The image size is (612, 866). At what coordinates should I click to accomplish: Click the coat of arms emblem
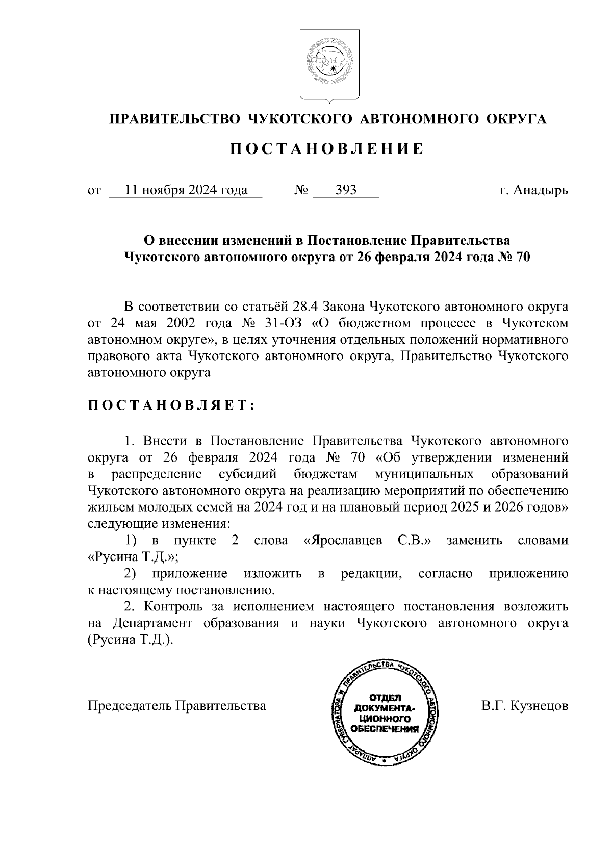tap(329, 64)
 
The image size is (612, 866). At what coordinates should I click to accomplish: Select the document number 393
tap(346, 191)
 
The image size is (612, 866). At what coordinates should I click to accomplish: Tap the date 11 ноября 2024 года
tap(186, 191)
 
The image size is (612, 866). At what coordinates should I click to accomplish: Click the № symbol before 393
tap(301, 191)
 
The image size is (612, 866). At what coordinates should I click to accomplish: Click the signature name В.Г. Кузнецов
tap(524, 706)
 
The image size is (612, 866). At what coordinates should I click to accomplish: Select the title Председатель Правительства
tap(176, 706)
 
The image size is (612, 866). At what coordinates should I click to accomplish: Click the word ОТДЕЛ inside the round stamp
tap(385, 698)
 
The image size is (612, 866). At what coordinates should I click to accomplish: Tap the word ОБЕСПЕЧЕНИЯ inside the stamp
tap(386, 729)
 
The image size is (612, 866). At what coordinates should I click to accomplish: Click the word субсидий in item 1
tap(247, 474)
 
